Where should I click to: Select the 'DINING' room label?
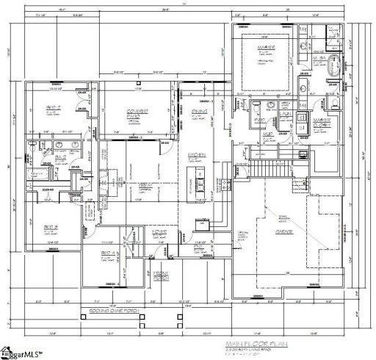click(x=198, y=111)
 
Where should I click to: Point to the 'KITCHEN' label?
click(x=196, y=155)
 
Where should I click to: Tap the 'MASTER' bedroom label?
click(x=266, y=48)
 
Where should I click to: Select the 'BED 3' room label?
click(x=51, y=226)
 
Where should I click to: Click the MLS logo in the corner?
click(x=23, y=353)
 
